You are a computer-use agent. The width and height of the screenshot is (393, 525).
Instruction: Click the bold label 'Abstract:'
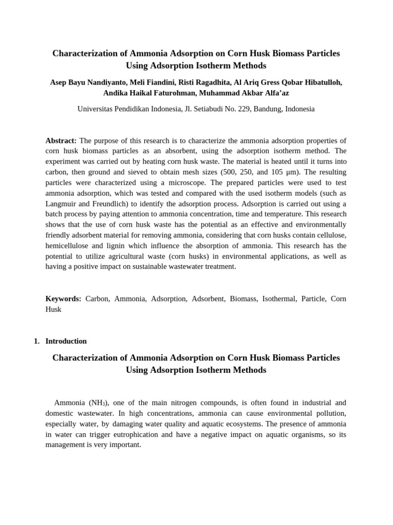tap(61, 140)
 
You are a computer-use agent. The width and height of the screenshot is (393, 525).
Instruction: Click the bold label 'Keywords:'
tap(63, 298)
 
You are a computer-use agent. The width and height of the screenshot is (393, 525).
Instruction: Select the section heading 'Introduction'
tap(66, 341)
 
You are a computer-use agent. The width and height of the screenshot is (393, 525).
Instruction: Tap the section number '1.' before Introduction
tap(36, 341)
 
